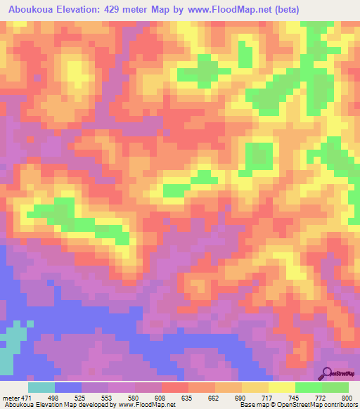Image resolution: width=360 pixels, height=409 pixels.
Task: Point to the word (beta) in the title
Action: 297,10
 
